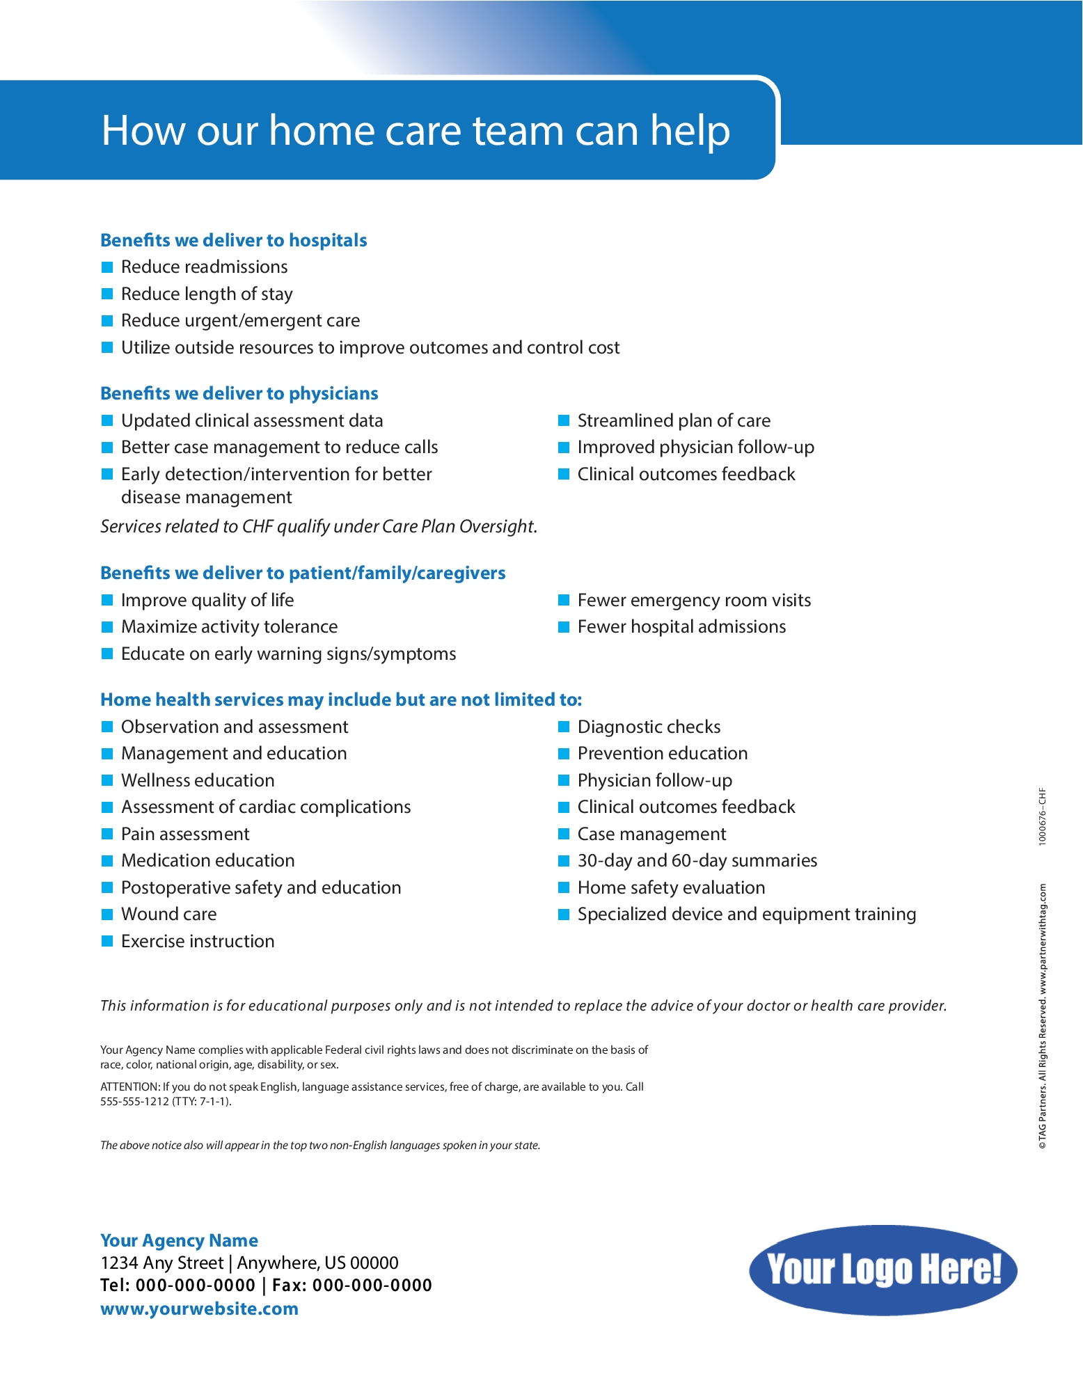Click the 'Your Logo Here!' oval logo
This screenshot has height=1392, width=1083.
883,1270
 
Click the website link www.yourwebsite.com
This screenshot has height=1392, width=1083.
199,1308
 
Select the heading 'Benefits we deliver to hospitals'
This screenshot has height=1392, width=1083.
233,240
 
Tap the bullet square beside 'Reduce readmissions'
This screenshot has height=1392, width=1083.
107,267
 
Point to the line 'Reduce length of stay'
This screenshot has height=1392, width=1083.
207,294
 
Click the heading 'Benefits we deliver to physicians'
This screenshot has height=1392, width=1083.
239,393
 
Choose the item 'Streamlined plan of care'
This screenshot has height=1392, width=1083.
674,420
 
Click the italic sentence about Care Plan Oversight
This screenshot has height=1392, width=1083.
319,526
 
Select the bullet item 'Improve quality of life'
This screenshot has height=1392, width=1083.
207,600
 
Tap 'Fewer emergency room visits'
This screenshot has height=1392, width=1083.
694,600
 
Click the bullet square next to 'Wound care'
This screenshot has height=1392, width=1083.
107,914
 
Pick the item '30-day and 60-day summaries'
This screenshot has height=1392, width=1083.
697,860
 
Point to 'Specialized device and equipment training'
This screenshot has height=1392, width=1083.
746,914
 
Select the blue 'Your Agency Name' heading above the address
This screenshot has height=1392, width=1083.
179,1240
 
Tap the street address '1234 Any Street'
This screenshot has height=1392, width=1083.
161,1263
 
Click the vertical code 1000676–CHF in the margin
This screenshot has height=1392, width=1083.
1042,816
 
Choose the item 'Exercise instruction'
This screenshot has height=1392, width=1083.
198,941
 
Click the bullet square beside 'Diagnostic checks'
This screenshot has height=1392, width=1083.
564,727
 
